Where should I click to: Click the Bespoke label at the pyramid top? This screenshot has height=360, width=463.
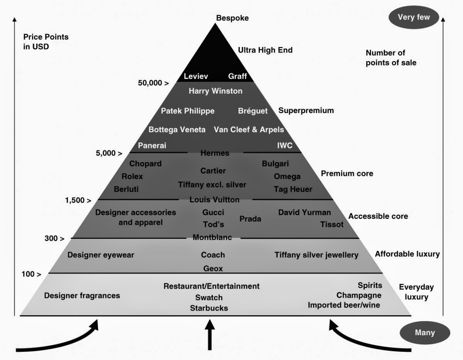click(232, 18)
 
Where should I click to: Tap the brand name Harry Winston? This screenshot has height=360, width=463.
click(215, 91)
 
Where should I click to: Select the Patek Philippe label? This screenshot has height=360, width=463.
click(188, 111)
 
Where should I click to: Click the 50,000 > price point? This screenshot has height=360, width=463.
click(153, 83)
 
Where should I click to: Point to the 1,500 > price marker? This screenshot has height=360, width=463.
click(78, 200)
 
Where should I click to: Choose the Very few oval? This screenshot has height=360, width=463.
click(414, 17)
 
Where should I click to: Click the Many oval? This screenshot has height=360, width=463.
click(424, 333)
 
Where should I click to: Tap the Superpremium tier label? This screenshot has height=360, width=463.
click(306, 111)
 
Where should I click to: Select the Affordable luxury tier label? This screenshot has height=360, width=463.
click(407, 254)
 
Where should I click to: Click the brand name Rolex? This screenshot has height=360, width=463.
click(132, 176)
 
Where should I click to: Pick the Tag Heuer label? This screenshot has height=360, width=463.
click(293, 189)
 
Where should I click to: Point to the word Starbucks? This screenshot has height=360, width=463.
click(209, 308)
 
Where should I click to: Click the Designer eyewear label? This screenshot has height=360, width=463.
click(100, 255)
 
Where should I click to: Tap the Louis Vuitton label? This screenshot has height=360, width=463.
click(215, 199)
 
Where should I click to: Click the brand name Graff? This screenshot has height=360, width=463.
click(237, 76)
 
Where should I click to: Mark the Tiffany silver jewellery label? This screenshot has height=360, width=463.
click(316, 255)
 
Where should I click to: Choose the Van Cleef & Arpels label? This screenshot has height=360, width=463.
click(249, 130)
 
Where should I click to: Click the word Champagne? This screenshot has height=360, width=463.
click(359, 295)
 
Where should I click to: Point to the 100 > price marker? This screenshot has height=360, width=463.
click(32, 274)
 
